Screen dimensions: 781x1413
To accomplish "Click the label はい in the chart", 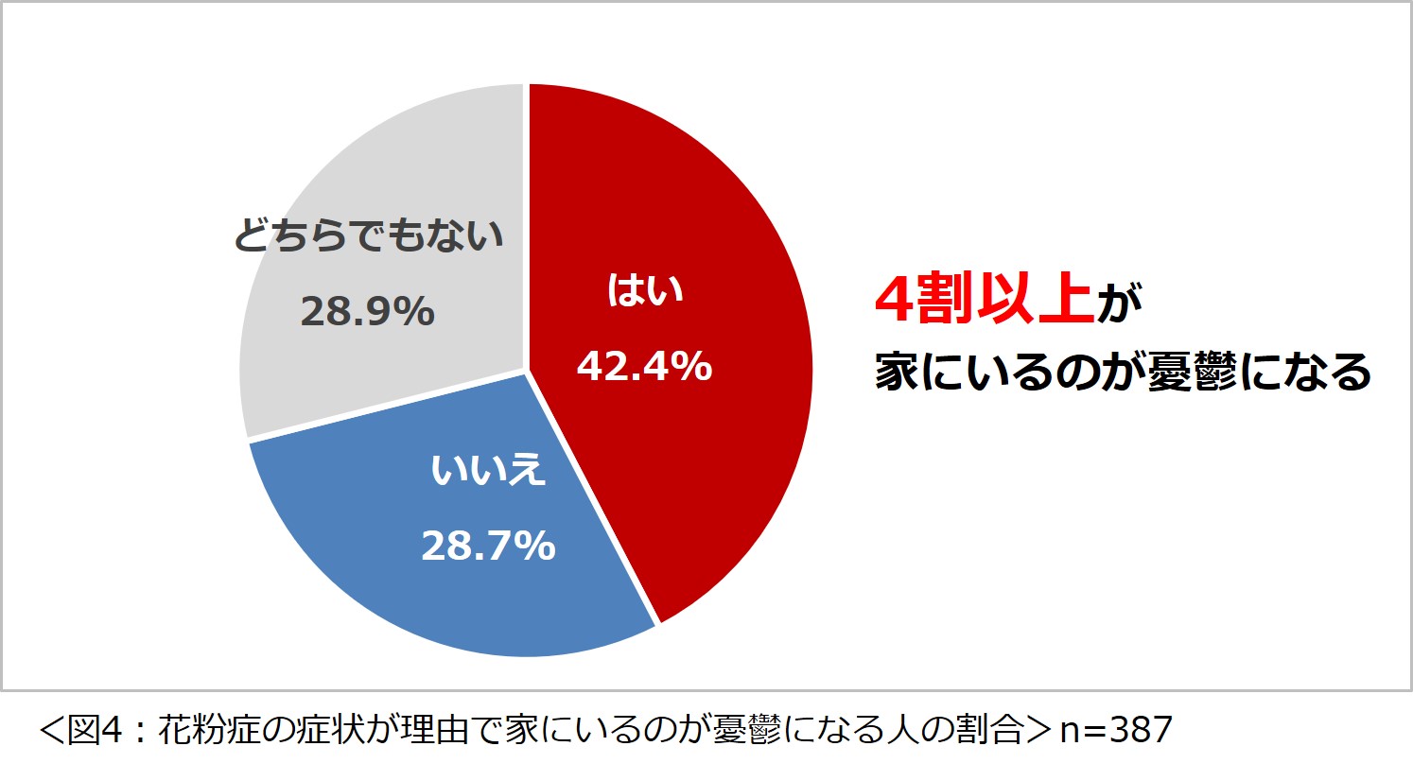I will (x=645, y=291).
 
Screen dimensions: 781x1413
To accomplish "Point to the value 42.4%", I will (x=645, y=366).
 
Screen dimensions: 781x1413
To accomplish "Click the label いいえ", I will (x=488, y=469).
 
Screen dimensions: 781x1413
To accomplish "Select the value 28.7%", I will (x=488, y=546).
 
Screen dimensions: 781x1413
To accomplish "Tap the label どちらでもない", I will (x=369, y=235).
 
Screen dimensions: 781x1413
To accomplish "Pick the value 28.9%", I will (x=368, y=311).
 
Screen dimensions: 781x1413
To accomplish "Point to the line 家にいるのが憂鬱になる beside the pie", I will (x=1123, y=372).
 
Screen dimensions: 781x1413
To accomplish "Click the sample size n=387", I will (x=1116, y=729).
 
